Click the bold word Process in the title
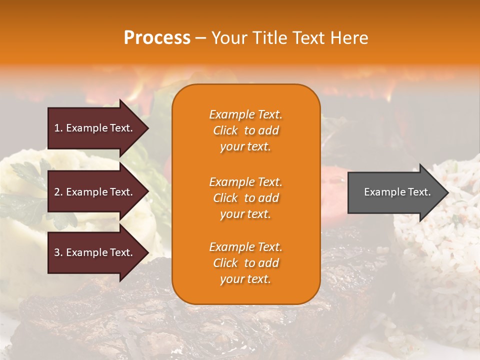157,38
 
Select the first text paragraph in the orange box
245,130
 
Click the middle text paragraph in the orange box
245,198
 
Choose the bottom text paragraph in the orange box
245,263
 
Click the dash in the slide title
200,38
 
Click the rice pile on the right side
440,250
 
